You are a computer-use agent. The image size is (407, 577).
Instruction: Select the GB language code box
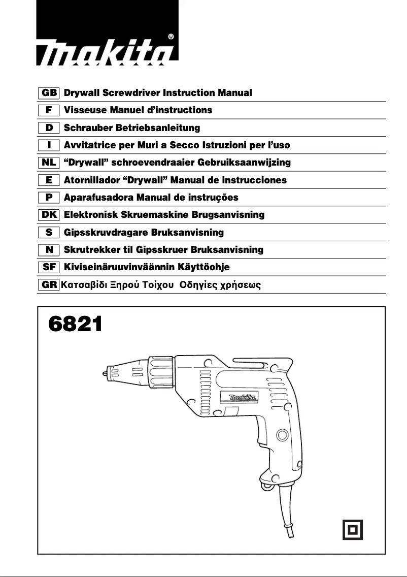[x=49, y=93]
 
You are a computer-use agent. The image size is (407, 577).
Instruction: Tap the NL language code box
[x=49, y=163]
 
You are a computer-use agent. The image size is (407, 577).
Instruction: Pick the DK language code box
[x=49, y=215]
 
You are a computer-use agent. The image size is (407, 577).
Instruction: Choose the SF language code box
[x=49, y=267]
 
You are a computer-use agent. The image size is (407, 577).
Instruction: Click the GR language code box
[x=49, y=284]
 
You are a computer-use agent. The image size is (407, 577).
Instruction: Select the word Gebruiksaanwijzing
[x=247, y=163]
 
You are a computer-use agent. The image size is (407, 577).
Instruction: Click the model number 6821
[x=75, y=324]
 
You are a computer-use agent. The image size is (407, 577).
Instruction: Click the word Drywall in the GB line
[x=82, y=93]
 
